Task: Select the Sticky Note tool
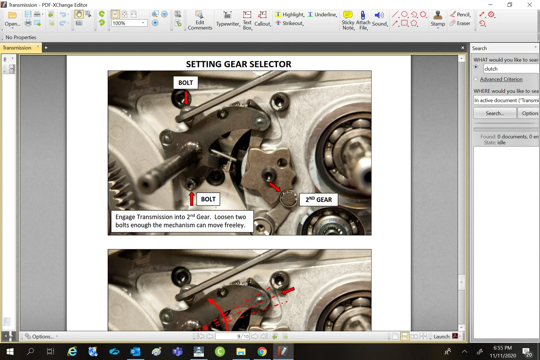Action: tap(348, 20)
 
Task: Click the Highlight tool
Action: tap(290, 15)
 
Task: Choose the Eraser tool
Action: tap(460, 23)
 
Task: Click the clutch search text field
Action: tap(510, 69)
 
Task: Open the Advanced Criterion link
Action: tap(501, 79)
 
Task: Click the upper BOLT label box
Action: tap(186, 83)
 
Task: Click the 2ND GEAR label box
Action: tap(319, 200)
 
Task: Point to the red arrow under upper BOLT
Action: tap(186, 98)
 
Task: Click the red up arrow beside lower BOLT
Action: tap(192, 199)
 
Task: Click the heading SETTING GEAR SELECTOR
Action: tap(239, 64)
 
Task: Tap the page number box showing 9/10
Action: tap(233, 336)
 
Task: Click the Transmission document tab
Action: tap(17, 48)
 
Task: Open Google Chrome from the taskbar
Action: tap(262, 352)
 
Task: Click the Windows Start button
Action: tap(10, 352)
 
